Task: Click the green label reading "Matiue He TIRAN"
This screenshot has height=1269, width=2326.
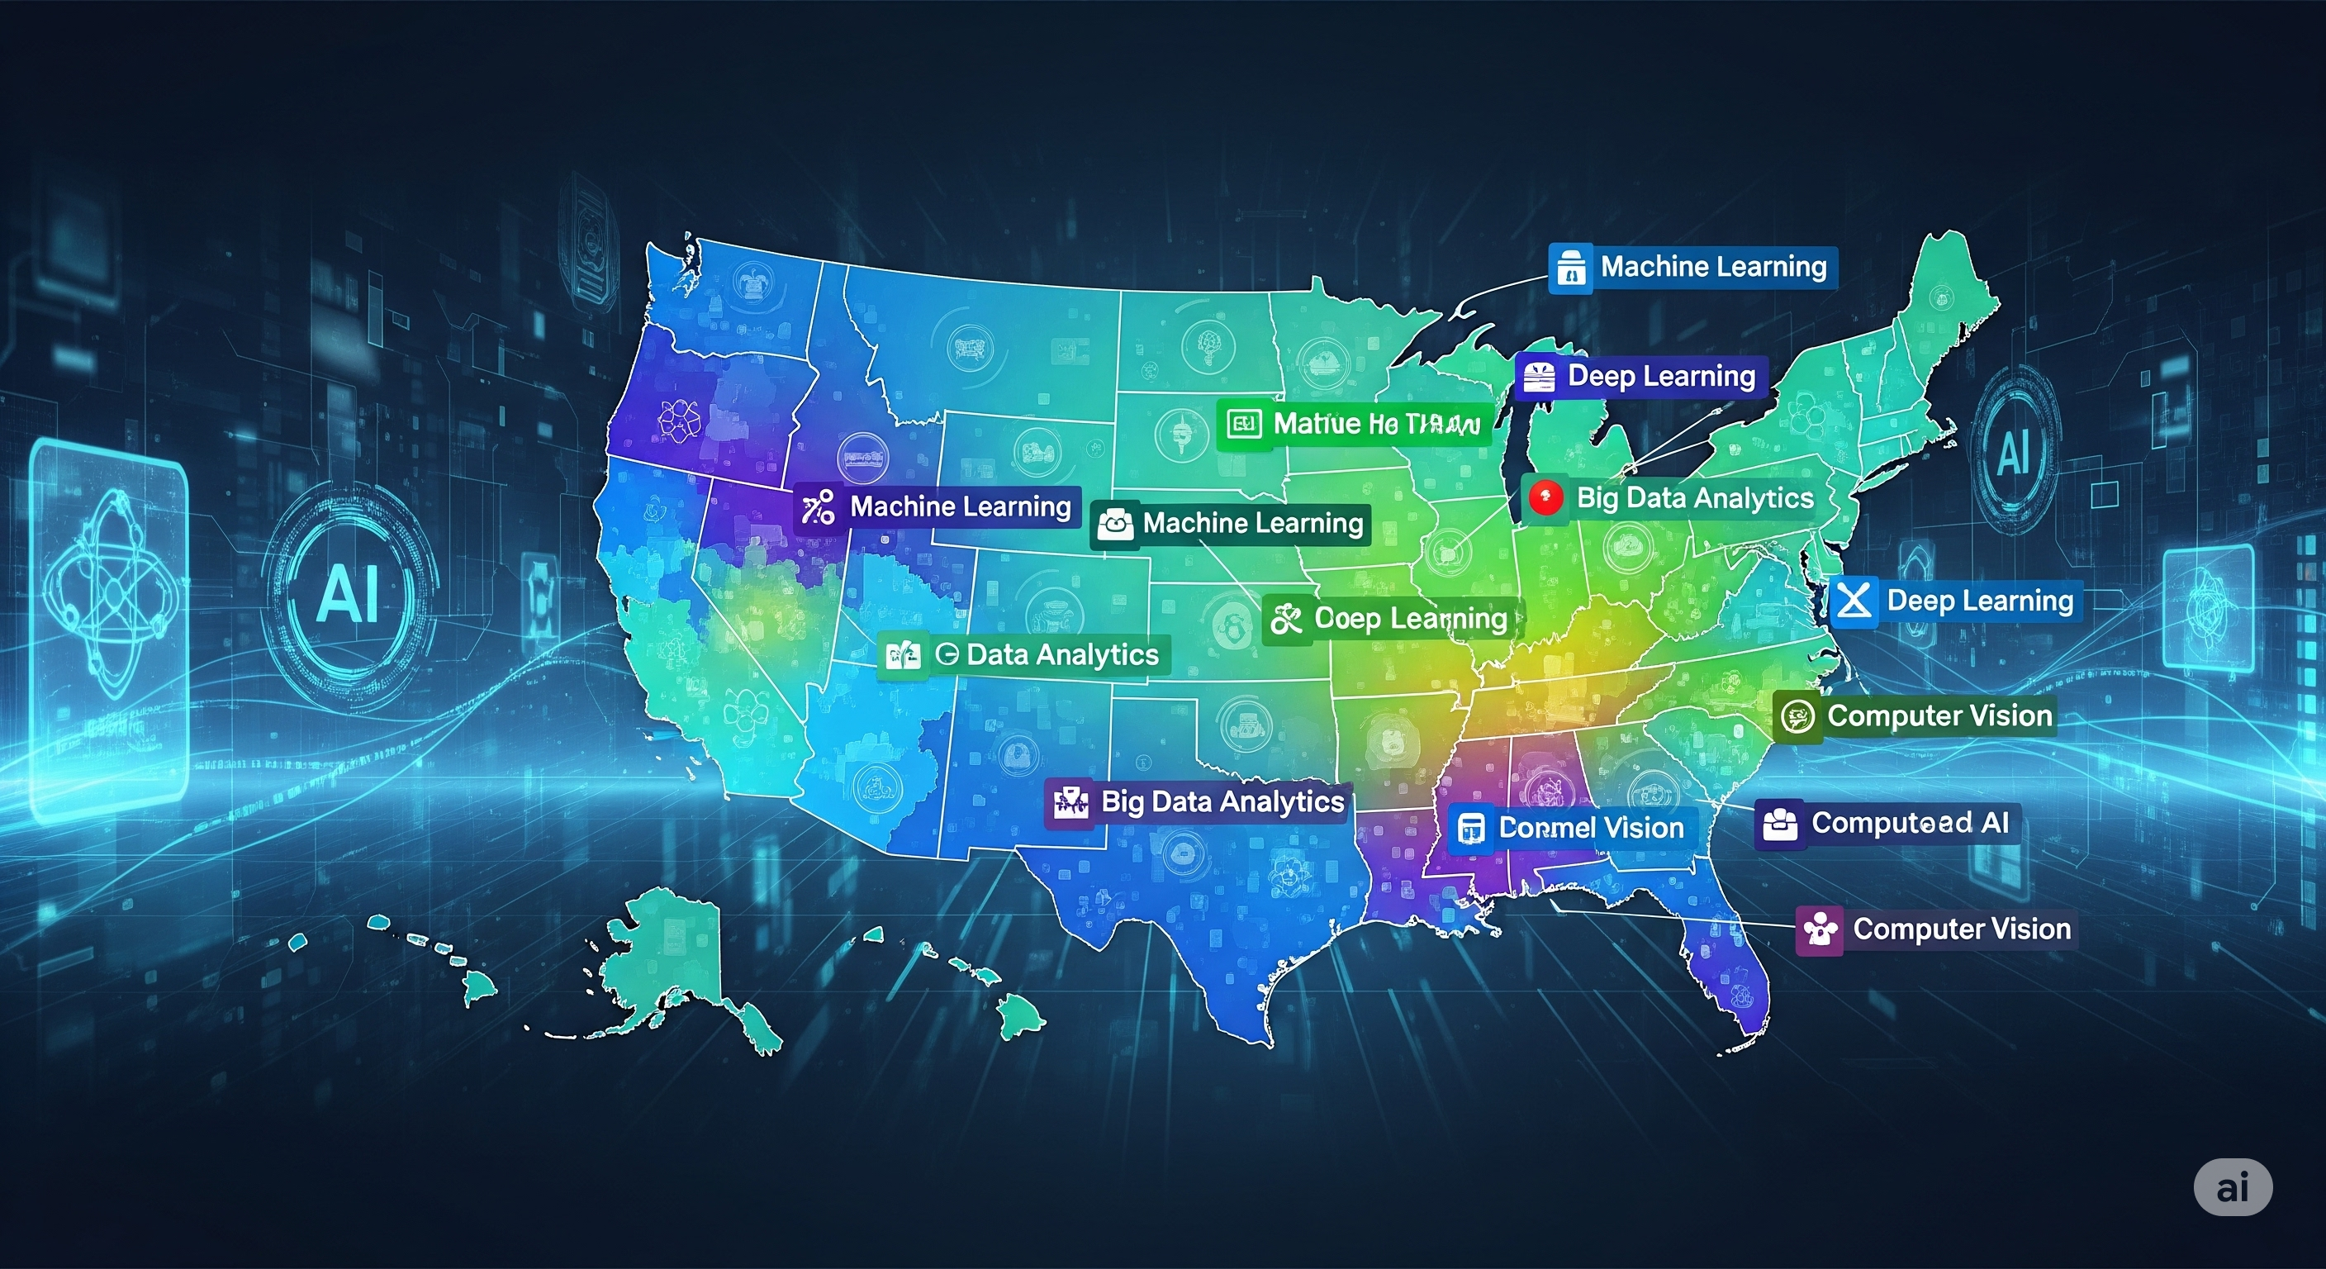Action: (x=1351, y=424)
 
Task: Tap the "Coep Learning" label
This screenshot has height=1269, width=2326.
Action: (x=1392, y=619)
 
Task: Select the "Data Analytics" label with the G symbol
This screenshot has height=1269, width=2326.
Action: (x=1025, y=654)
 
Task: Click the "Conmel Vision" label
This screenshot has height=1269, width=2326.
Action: (x=1572, y=827)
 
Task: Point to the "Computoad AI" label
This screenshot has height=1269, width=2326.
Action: (x=1888, y=823)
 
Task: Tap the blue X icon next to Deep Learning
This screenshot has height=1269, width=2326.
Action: (x=1854, y=601)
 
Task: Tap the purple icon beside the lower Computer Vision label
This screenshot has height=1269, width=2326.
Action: (x=1819, y=929)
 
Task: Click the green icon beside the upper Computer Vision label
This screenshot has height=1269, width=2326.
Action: (x=1796, y=717)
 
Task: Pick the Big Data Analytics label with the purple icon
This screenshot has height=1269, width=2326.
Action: (x=1199, y=802)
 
